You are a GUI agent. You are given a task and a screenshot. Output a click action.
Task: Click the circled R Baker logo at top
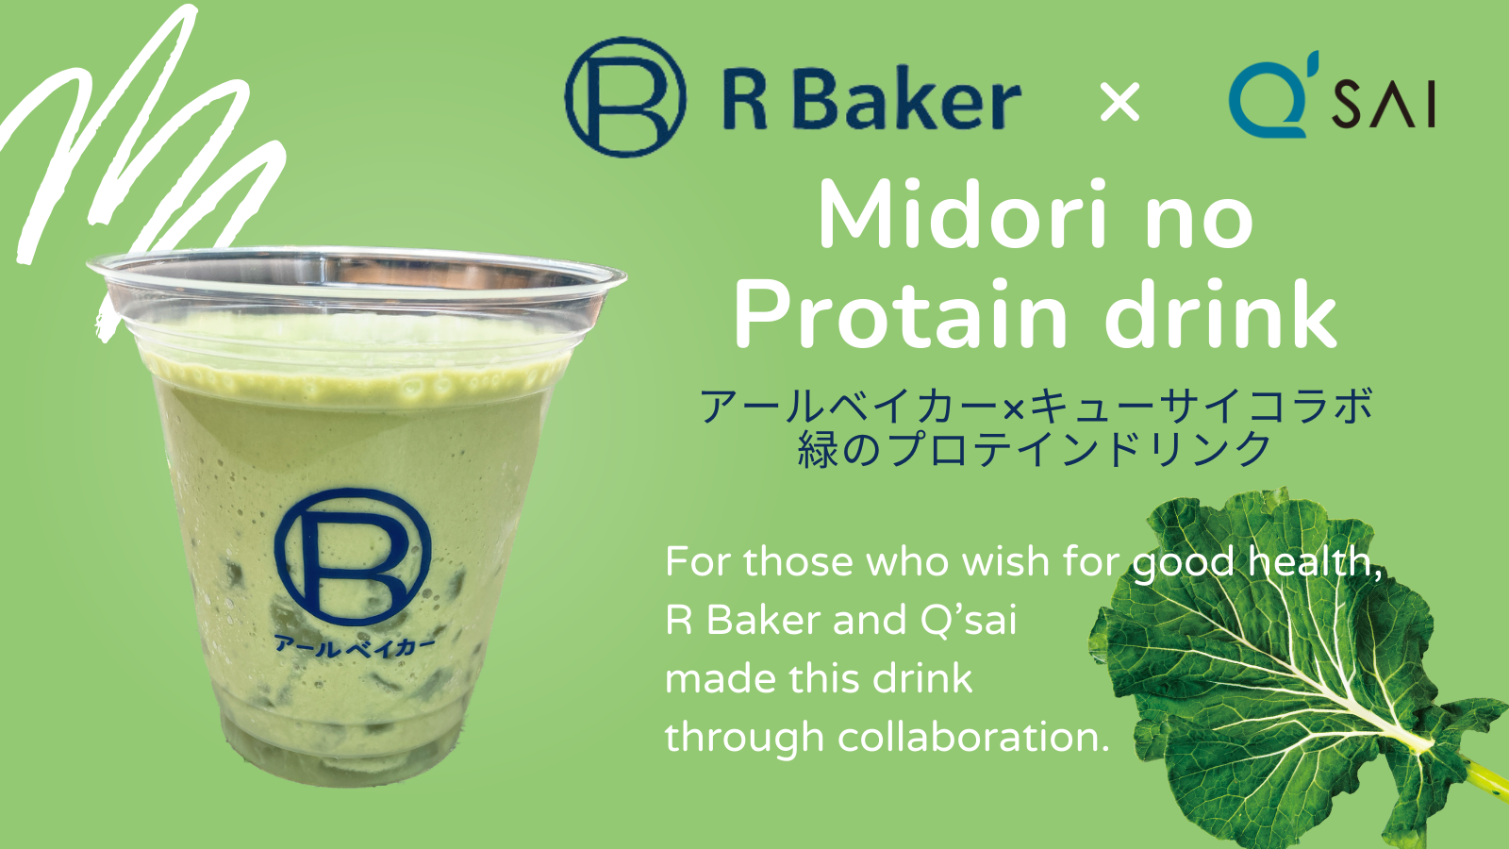pos(625,98)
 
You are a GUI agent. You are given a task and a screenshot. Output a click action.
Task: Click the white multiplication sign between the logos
pos(1119,102)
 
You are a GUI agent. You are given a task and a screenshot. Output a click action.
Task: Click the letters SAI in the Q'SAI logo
pos(1383,104)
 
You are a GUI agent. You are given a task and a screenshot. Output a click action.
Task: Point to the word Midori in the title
pos(962,215)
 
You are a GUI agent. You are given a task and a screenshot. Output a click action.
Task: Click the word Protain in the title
pos(901,315)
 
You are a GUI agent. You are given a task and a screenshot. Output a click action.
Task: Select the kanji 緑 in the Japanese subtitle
pos(818,449)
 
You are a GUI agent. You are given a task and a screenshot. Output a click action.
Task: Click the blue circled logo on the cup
pos(353,557)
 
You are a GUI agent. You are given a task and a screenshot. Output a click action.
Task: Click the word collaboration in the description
pos(973,737)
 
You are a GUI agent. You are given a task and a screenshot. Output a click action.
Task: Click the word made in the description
pos(720,678)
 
